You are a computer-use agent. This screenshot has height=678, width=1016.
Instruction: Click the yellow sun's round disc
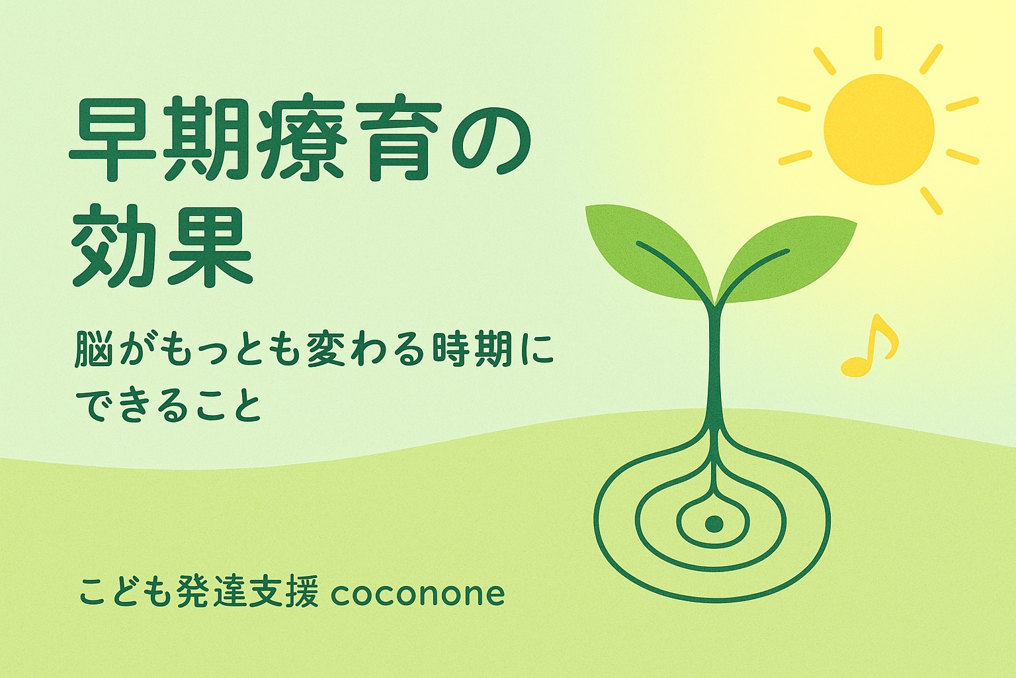879,129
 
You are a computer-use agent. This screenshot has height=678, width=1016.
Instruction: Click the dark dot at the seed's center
714,524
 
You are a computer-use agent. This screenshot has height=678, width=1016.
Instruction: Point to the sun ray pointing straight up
878,43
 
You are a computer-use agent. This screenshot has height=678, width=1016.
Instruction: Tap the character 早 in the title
113,138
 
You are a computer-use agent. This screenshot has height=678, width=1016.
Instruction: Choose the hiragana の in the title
486,138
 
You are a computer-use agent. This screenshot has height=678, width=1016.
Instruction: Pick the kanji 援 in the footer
302,593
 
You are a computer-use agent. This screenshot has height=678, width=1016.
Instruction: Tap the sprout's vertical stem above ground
714,363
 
